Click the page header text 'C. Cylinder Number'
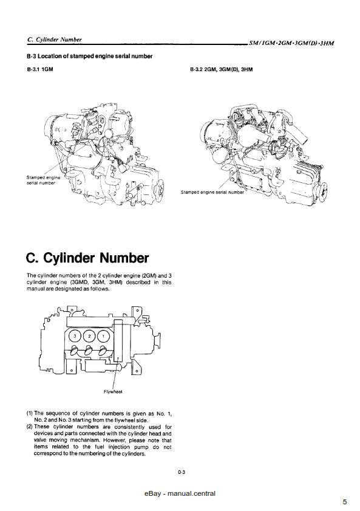[55, 39]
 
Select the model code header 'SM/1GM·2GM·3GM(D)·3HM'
[291, 44]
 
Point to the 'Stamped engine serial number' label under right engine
[212, 192]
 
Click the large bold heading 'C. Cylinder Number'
[88, 258]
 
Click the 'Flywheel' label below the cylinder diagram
[114, 391]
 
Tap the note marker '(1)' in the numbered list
[30, 413]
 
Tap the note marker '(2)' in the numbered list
[30, 427]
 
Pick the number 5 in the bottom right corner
[344, 501]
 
